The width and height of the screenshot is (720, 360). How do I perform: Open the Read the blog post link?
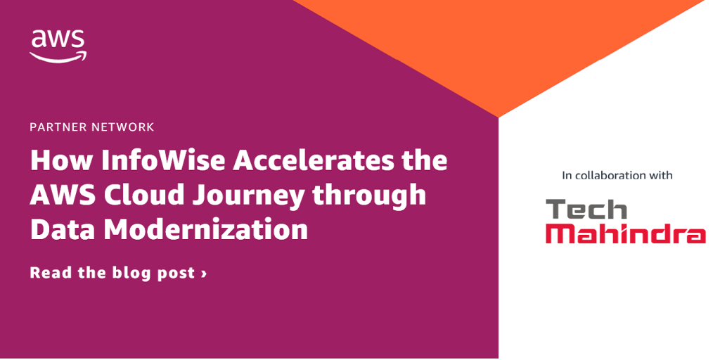[x=118, y=274]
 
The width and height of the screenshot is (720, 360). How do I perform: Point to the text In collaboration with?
[x=617, y=175]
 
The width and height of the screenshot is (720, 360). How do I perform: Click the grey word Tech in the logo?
[x=586, y=210]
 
